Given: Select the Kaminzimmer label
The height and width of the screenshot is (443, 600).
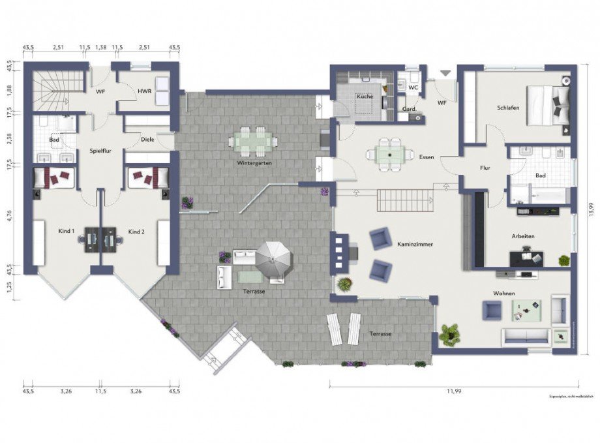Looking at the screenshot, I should (x=415, y=244).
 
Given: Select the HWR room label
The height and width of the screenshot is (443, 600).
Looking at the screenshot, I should (x=145, y=91).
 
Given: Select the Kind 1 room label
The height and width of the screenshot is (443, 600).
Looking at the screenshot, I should (x=67, y=232).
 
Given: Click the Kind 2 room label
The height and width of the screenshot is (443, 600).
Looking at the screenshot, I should (x=136, y=232).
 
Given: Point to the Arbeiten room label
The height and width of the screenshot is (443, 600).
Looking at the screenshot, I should (x=524, y=236).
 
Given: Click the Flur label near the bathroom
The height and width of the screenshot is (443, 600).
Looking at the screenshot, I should (x=485, y=168).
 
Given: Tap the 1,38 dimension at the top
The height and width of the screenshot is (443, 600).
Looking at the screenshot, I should (x=100, y=48).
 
